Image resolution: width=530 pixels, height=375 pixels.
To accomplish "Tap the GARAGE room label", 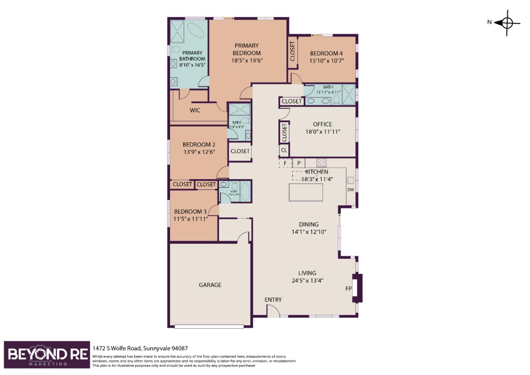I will point(210,285).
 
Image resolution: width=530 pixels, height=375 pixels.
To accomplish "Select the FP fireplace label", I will point(348,288).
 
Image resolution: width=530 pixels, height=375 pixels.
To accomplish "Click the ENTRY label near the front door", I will point(273,300).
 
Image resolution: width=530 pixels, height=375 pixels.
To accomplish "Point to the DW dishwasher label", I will point(350,190).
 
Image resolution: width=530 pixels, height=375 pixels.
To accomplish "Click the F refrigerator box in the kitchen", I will point(285,163).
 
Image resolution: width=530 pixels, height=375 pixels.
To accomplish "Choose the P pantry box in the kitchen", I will point(299,163).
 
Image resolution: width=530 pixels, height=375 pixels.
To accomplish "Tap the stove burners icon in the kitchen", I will point(321,162).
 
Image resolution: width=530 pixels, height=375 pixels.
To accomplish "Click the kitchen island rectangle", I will point(306,192).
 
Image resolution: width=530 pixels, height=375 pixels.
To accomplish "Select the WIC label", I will point(195,110).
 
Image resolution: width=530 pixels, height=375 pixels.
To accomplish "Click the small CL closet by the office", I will point(284,150).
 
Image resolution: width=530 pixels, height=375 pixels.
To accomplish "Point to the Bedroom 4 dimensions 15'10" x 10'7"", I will point(327,60).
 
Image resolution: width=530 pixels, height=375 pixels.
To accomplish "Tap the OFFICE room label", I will point(322,125).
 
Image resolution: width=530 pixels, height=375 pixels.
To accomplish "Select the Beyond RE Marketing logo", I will point(47,355).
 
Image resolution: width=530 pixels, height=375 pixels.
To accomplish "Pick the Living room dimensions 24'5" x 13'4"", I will point(307,280).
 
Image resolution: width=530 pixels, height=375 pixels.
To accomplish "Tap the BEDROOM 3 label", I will point(190,211).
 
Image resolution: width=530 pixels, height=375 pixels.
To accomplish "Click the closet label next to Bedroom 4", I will point(293,51).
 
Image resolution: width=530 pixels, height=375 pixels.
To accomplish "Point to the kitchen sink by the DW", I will point(350,181).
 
